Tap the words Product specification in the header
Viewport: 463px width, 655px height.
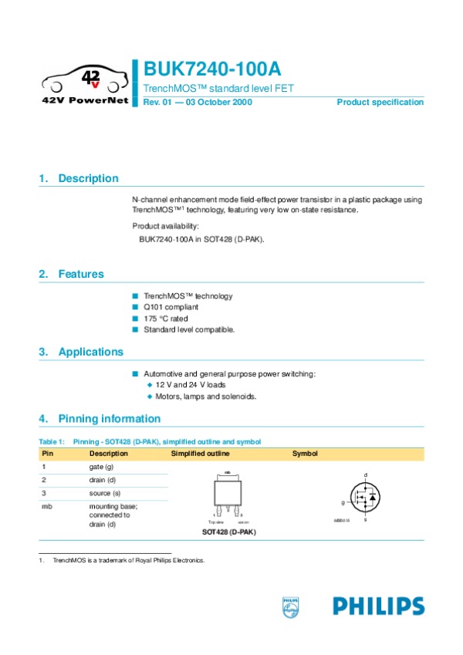tap(380, 103)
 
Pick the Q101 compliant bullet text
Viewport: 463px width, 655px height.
tap(171, 307)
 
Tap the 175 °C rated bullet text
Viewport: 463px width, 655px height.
tap(165, 319)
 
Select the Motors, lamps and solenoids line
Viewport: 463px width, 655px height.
tap(205, 397)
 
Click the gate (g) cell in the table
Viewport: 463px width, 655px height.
tap(102, 467)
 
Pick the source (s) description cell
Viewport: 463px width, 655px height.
tap(105, 492)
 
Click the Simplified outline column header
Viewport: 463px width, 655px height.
tap(200, 454)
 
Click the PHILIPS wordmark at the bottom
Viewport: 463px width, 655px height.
tap(379, 606)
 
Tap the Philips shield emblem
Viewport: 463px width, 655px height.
tap(290, 606)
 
